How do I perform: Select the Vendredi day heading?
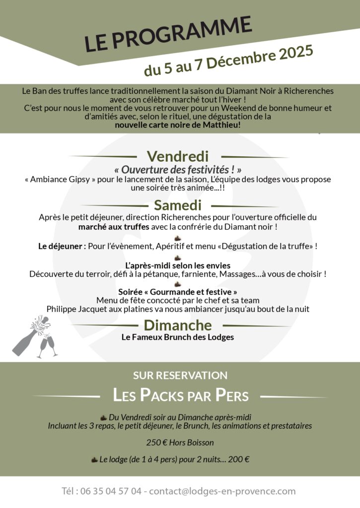(x=177, y=156)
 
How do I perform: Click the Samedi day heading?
(x=177, y=205)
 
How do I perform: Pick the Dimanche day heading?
(x=177, y=325)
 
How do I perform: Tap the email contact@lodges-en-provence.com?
(x=222, y=492)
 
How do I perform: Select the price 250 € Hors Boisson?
(x=179, y=443)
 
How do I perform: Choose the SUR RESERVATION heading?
(x=180, y=376)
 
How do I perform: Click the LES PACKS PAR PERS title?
(x=181, y=396)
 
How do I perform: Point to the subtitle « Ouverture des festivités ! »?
(x=178, y=169)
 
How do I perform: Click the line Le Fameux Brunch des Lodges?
(x=177, y=337)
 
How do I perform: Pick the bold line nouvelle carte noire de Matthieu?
(x=178, y=125)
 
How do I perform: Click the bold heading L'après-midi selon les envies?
(x=177, y=265)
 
